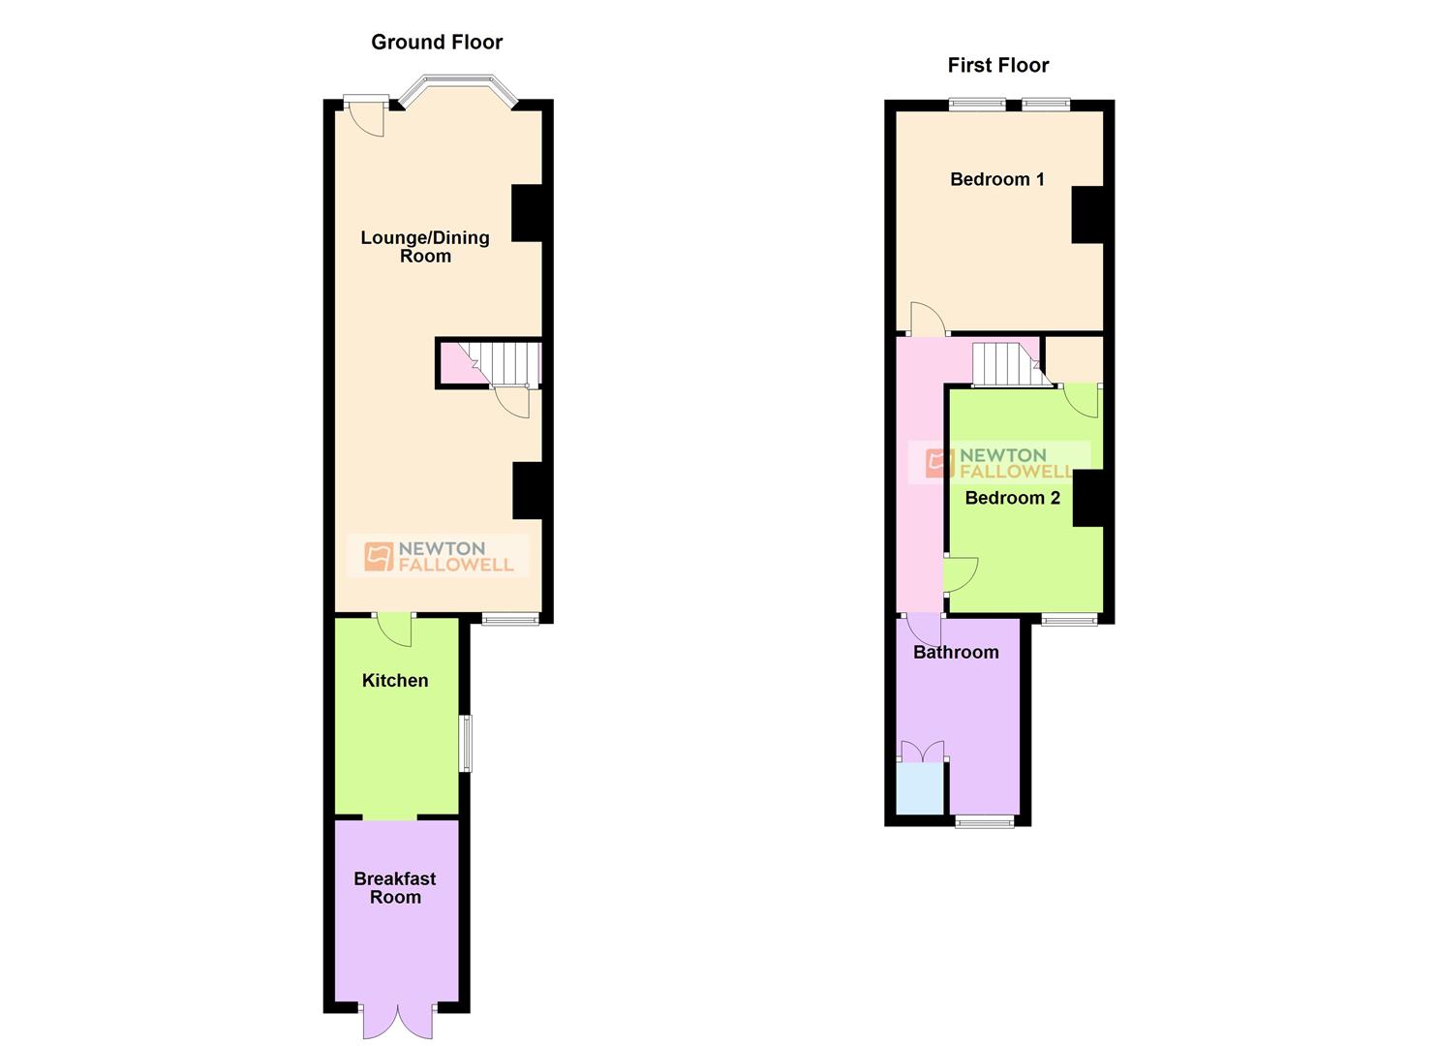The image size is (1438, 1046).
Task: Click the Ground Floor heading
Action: click(x=437, y=42)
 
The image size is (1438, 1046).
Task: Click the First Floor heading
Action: click(x=997, y=65)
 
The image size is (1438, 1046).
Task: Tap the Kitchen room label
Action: click(x=395, y=681)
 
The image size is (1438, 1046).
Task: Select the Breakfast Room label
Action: click(x=395, y=887)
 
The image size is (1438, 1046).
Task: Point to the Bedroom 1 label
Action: click(x=996, y=179)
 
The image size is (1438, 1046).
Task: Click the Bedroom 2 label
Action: click(x=1012, y=498)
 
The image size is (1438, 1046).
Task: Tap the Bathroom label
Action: click(x=956, y=652)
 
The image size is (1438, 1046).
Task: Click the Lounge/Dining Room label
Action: click(x=425, y=246)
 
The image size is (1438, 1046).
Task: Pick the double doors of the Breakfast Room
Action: click(x=398, y=1020)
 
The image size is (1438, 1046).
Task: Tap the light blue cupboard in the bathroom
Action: click(x=920, y=788)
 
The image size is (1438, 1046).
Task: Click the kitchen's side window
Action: click(x=466, y=744)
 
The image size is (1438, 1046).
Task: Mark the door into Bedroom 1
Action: click(x=926, y=320)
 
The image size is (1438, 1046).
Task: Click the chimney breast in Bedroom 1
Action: click(x=1086, y=214)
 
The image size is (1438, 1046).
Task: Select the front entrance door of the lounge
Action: click(x=366, y=115)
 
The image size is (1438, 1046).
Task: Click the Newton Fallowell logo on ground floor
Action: click(x=439, y=557)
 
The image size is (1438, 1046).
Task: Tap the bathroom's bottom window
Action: click(x=985, y=822)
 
